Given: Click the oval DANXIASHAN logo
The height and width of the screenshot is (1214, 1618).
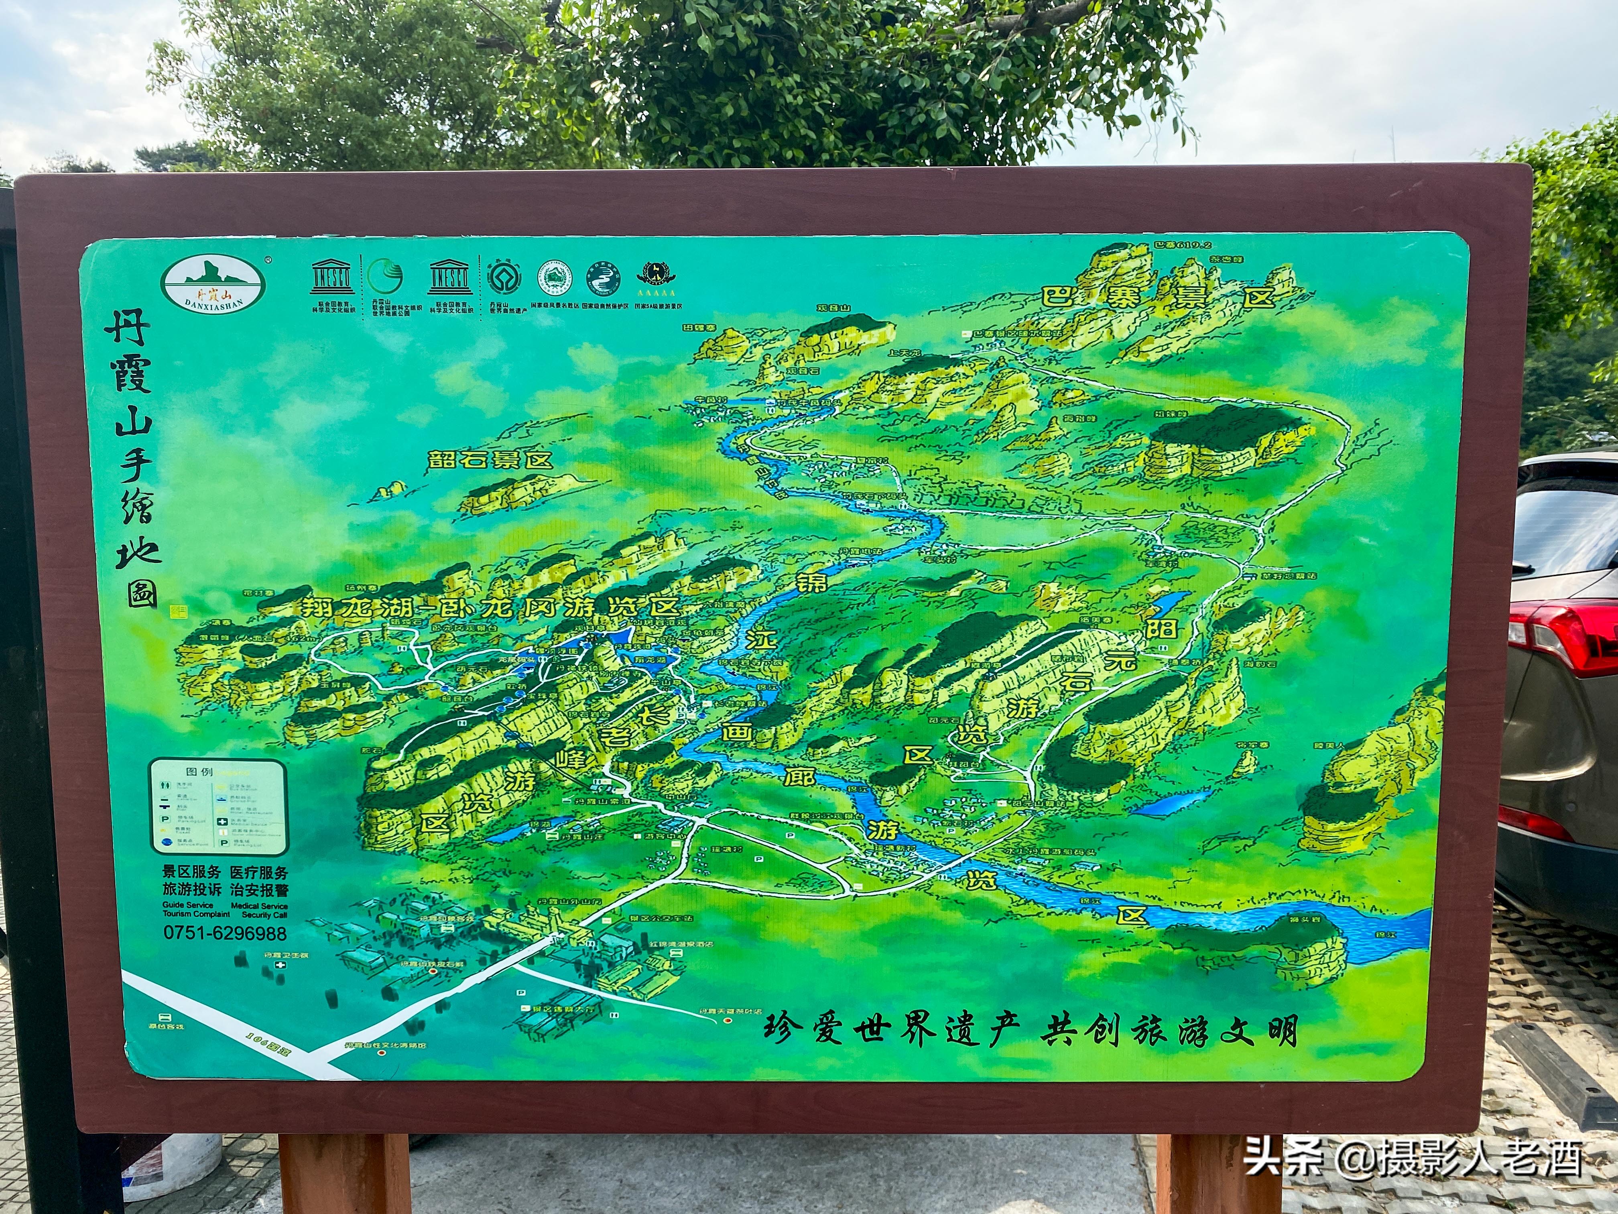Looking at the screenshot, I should point(213,284).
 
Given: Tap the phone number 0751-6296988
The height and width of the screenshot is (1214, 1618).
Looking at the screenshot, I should point(225,933).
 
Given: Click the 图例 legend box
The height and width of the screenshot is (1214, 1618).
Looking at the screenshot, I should point(218,807).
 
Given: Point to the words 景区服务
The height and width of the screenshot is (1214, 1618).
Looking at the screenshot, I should point(191,872).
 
